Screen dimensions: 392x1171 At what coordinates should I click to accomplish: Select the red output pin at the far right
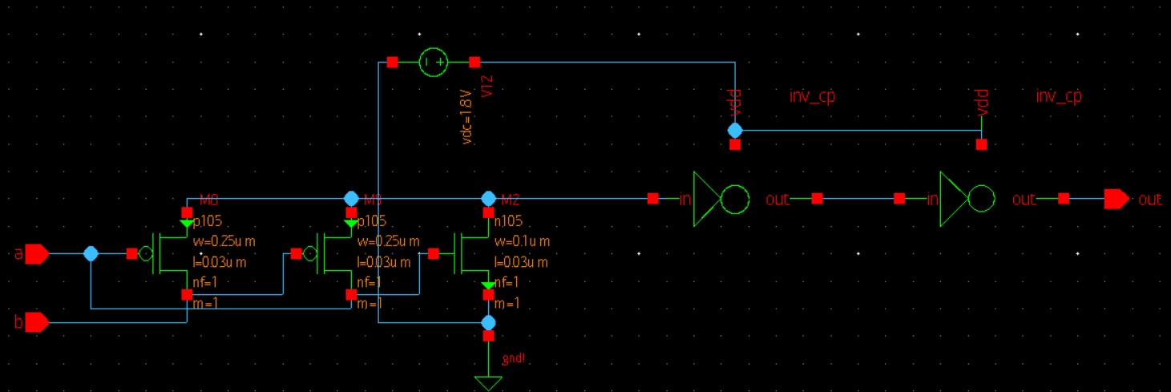pyautogui.click(x=1116, y=199)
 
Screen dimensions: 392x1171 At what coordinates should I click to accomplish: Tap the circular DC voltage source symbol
pyautogui.click(x=434, y=63)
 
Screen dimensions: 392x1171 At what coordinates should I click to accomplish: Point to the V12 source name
pyautogui.click(x=487, y=87)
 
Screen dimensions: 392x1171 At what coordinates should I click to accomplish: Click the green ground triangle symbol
pyautogui.click(x=488, y=383)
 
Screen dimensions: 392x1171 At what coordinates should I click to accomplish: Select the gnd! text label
pyautogui.click(x=514, y=358)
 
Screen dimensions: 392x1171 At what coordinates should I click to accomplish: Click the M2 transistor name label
pyautogui.click(x=511, y=199)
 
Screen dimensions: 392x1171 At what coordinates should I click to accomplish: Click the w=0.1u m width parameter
pyautogui.click(x=522, y=241)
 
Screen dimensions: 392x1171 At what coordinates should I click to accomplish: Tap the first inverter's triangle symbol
pyautogui.click(x=706, y=199)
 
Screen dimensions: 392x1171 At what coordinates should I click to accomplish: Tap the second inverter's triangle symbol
pyautogui.click(x=953, y=199)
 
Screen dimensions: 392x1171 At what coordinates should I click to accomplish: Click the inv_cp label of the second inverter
pyautogui.click(x=1059, y=96)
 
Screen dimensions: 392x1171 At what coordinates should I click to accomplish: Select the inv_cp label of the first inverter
pyautogui.click(x=812, y=96)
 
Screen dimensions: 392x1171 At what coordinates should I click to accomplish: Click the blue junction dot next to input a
pyautogui.click(x=91, y=254)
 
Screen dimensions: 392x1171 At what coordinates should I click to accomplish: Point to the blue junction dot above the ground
pyautogui.click(x=488, y=322)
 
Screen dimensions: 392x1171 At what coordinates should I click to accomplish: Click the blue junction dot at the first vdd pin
pyautogui.click(x=735, y=130)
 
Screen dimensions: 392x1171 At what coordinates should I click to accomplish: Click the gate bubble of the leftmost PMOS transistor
pyautogui.click(x=146, y=254)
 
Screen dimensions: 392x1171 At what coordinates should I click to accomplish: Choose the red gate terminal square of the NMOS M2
pyautogui.click(x=434, y=254)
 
